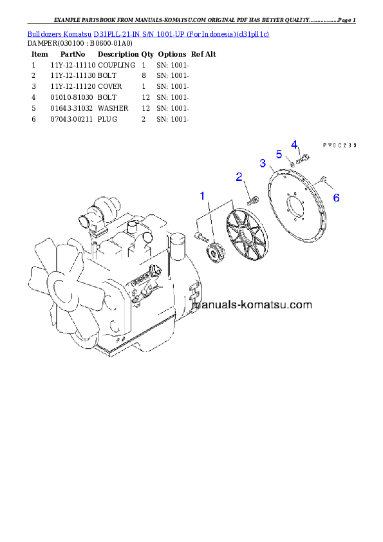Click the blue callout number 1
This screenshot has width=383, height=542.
pyautogui.click(x=203, y=195)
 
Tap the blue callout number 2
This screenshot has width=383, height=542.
pyautogui.click(x=239, y=176)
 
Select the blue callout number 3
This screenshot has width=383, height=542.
pyautogui.click(x=263, y=163)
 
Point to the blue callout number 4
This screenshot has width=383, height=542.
pyautogui.click(x=294, y=144)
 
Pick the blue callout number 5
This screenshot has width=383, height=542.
pyautogui.click(x=279, y=154)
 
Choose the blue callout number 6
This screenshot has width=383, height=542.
pyautogui.click(x=336, y=198)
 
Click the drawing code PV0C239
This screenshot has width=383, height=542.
pyautogui.click(x=340, y=145)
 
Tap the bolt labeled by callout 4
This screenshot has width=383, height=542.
pyautogui.click(x=304, y=158)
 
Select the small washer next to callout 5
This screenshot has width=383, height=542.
pyautogui.click(x=292, y=165)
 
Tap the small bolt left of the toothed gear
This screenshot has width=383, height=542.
pyautogui.click(x=200, y=236)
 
